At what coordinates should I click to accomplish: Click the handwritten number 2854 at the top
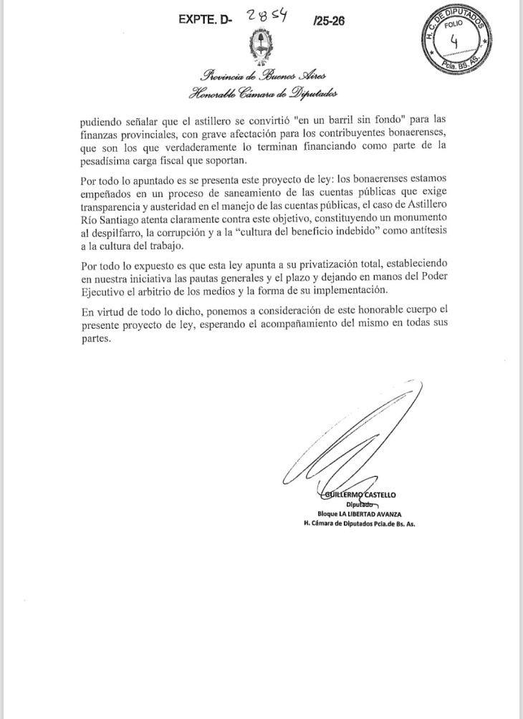(x=266, y=18)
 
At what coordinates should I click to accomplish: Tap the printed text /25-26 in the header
(x=329, y=21)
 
